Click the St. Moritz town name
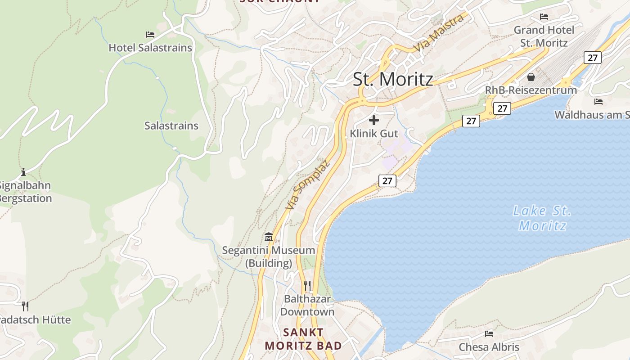tap(393, 79)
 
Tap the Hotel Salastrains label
tap(150, 48)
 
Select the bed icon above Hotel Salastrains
tap(150, 34)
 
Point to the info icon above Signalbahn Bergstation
tap(23, 172)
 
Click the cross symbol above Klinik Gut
tap(374, 120)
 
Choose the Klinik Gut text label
tap(374, 134)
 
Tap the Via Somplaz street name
tap(308, 184)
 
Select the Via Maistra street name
tap(438, 33)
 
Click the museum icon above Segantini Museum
tap(269, 237)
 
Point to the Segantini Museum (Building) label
tap(269, 256)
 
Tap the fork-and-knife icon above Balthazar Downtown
tap(307, 285)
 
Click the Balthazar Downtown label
tap(307, 305)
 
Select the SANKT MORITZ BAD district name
tap(303, 339)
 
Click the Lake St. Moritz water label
tap(542, 218)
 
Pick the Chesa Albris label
tap(489, 347)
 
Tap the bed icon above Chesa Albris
tap(489, 333)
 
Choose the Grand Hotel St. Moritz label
tap(544, 36)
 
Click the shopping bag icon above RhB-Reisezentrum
tap(531, 77)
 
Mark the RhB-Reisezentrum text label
tap(531, 90)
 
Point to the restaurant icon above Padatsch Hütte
tap(25, 306)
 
